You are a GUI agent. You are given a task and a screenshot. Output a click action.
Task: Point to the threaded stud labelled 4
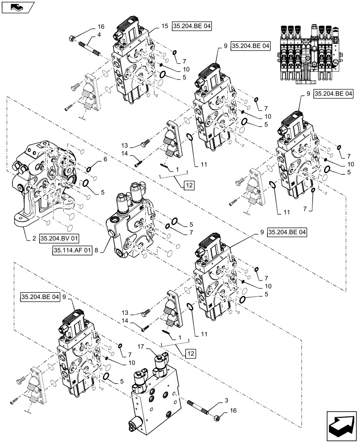coord(89,46)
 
